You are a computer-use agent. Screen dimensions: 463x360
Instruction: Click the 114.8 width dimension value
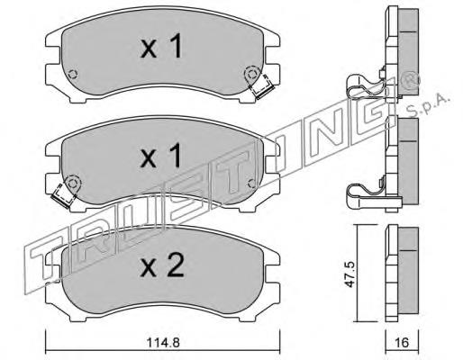(x=163, y=342)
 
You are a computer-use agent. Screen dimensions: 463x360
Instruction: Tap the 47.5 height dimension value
(x=350, y=274)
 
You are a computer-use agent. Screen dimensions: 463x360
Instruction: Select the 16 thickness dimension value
(x=402, y=342)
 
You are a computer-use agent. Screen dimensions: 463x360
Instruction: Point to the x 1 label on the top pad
(x=161, y=46)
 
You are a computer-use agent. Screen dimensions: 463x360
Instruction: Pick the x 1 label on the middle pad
(x=161, y=156)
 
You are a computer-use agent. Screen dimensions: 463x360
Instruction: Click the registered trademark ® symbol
(x=410, y=80)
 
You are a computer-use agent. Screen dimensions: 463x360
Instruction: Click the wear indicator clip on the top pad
(x=262, y=88)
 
